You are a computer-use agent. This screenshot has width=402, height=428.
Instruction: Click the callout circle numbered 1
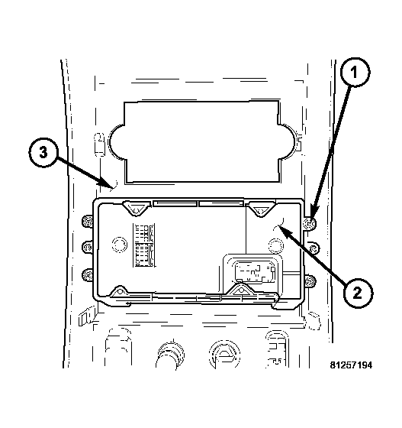click(355, 73)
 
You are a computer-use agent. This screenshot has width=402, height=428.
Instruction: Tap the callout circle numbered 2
click(358, 293)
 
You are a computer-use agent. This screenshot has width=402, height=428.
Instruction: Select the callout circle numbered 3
click(43, 153)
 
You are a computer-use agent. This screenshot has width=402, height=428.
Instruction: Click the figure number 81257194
click(351, 365)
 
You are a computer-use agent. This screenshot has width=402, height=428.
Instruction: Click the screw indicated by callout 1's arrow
click(310, 223)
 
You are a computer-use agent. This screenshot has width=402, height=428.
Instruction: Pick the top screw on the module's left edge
click(88, 222)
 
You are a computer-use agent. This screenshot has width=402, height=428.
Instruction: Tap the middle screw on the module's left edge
click(88, 247)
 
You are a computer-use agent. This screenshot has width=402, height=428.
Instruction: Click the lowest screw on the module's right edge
click(310, 280)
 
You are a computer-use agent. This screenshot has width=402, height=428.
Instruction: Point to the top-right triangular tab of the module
click(261, 209)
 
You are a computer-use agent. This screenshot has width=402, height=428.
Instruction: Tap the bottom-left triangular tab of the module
click(119, 292)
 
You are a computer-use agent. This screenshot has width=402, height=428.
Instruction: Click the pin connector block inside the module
click(143, 245)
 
